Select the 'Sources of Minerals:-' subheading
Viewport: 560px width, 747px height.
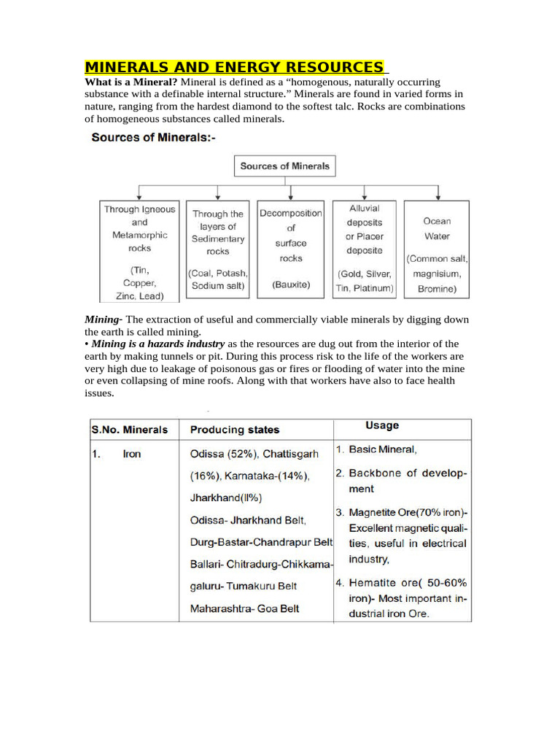pos(153,138)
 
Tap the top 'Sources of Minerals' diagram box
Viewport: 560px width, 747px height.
pos(285,166)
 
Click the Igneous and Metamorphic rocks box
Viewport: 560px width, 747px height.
pos(140,252)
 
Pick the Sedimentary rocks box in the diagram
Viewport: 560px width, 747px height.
pos(218,250)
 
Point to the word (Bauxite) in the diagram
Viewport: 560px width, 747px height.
pos(290,285)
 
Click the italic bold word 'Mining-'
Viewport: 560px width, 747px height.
pos(104,320)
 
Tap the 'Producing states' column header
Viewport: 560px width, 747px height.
pos(235,430)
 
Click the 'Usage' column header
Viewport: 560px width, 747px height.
pos(382,426)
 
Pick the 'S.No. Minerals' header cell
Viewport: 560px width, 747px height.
pos(130,430)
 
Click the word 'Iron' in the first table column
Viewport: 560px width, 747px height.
pos(132,454)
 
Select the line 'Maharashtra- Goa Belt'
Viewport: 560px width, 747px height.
pos(244,608)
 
